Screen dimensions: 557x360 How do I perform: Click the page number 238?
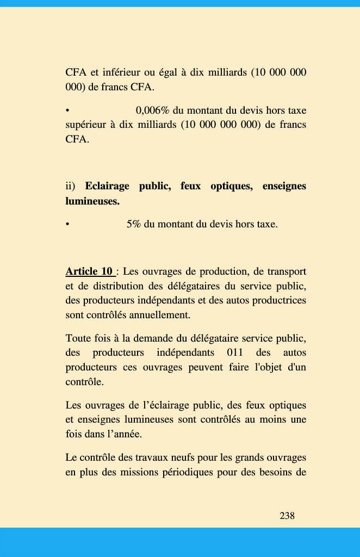click(287, 516)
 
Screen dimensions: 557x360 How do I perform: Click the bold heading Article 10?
click(89, 271)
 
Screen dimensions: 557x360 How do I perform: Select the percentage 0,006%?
click(153, 110)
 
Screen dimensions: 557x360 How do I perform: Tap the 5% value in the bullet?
click(133, 224)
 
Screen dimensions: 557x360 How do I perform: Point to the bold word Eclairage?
click(107, 187)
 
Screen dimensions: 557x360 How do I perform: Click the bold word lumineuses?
click(92, 201)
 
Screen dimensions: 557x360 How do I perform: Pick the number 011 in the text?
click(234, 352)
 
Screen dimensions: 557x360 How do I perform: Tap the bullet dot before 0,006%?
click(67, 110)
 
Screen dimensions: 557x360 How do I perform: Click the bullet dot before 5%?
click(67, 224)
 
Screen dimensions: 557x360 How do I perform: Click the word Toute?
click(79, 338)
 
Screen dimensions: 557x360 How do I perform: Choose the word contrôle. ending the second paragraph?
click(84, 382)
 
